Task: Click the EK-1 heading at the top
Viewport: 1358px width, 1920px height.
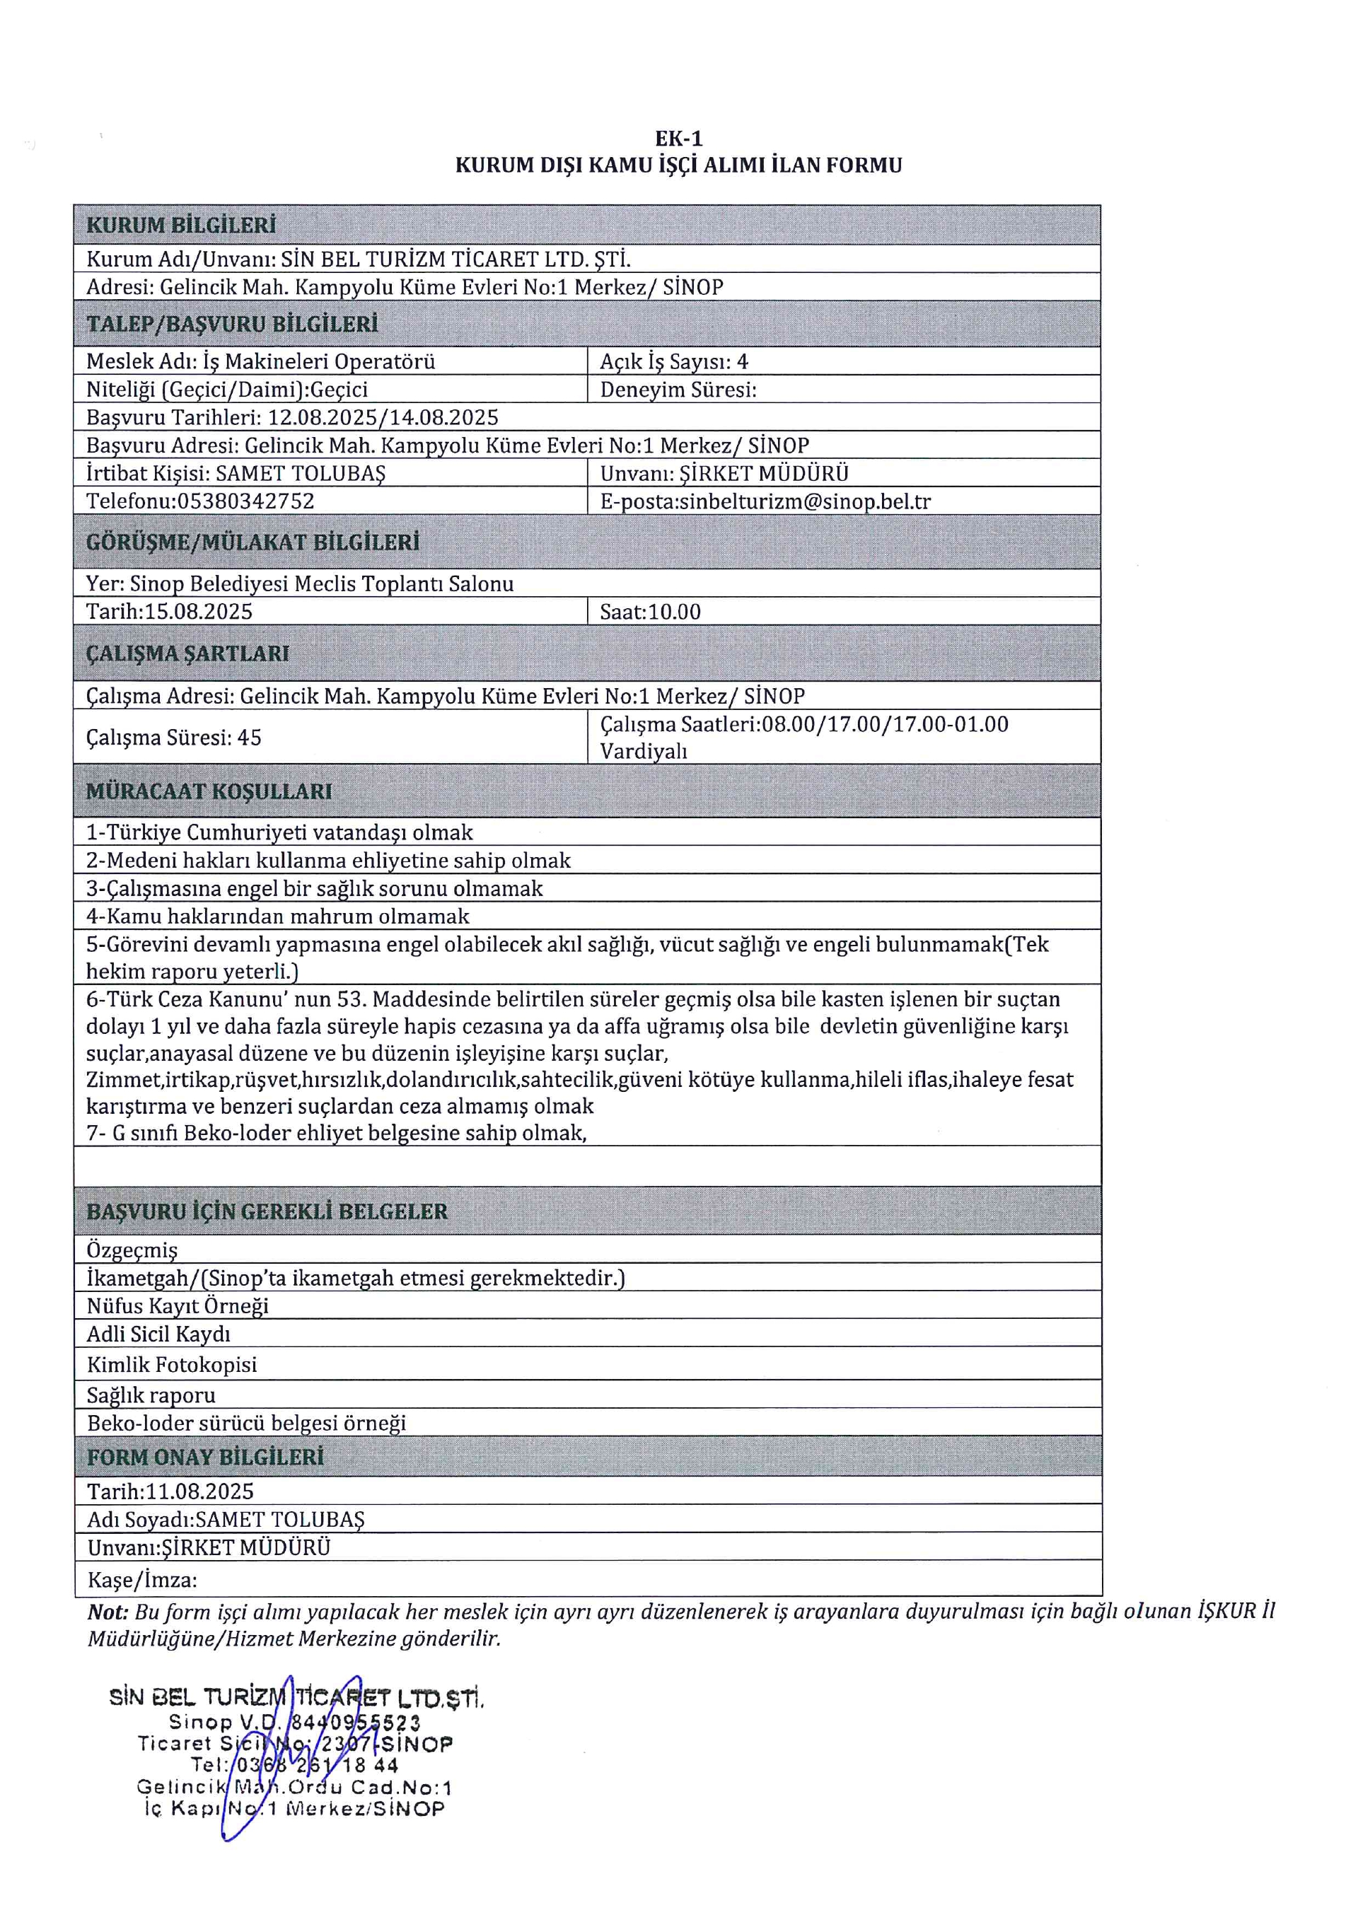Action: (x=678, y=139)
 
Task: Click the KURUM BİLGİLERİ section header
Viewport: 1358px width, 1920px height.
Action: (x=180, y=225)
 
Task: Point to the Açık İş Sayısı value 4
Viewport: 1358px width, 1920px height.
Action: (x=743, y=361)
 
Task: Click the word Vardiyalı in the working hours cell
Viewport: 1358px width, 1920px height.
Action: (x=643, y=751)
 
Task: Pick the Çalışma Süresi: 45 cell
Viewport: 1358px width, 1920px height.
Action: (x=174, y=738)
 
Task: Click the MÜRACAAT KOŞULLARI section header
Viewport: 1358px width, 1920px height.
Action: (x=209, y=791)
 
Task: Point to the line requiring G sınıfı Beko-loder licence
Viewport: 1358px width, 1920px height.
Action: (x=336, y=1133)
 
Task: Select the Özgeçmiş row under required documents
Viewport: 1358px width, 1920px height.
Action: (x=132, y=1250)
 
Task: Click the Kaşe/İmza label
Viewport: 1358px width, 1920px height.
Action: (x=142, y=1580)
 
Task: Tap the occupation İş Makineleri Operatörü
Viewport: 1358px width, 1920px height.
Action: (x=318, y=361)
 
